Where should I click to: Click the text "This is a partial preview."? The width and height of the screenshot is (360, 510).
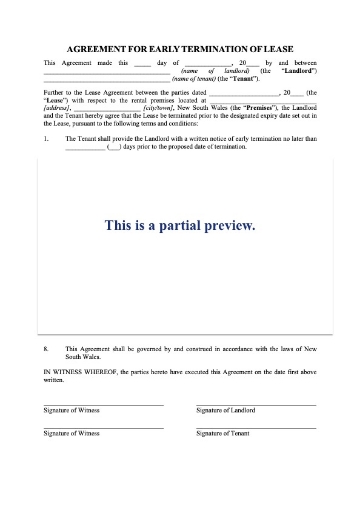click(180, 225)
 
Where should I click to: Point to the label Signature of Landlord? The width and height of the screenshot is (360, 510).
click(226, 410)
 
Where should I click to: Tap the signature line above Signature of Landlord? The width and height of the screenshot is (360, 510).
click(256, 404)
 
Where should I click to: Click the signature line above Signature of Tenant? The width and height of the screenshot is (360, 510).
click(256, 427)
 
